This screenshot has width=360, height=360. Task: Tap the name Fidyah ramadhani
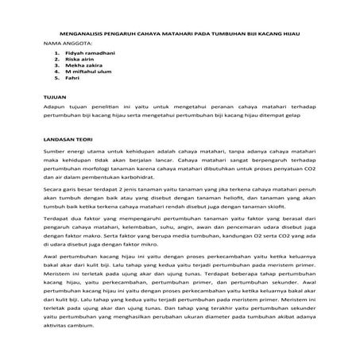[x=85, y=52]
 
